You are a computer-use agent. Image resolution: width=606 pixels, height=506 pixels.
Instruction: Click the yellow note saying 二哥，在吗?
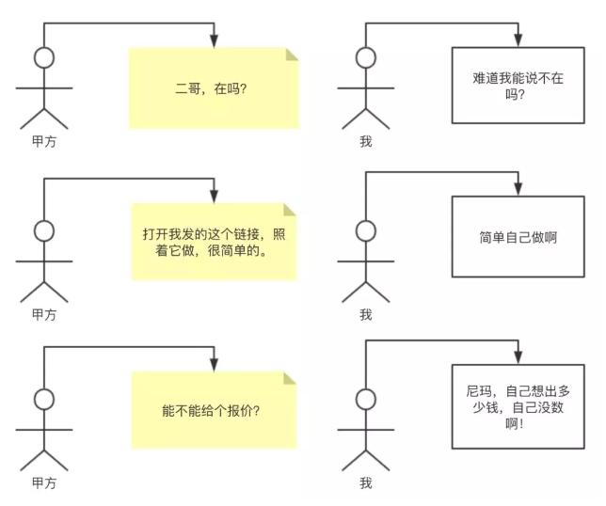point(214,88)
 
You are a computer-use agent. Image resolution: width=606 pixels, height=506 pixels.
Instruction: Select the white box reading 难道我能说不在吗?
point(517,86)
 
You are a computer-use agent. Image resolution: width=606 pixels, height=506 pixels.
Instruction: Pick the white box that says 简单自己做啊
point(517,237)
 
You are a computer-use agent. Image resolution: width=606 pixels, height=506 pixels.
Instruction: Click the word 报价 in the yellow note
point(231,410)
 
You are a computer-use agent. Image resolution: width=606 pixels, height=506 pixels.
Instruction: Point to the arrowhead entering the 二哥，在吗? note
point(215,41)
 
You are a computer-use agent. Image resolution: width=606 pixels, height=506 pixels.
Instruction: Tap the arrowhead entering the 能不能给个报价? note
point(215,363)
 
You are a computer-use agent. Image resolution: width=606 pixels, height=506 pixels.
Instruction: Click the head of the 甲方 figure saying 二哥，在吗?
point(43,58)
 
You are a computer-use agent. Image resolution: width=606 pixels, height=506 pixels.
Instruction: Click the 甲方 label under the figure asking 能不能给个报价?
point(43,482)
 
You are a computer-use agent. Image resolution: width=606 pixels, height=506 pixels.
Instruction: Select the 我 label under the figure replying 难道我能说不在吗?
point(365,142)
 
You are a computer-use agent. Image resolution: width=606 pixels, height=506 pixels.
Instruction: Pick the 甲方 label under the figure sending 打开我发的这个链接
point(43,314)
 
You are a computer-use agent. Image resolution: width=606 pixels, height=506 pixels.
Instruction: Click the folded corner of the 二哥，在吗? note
point(292,55)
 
